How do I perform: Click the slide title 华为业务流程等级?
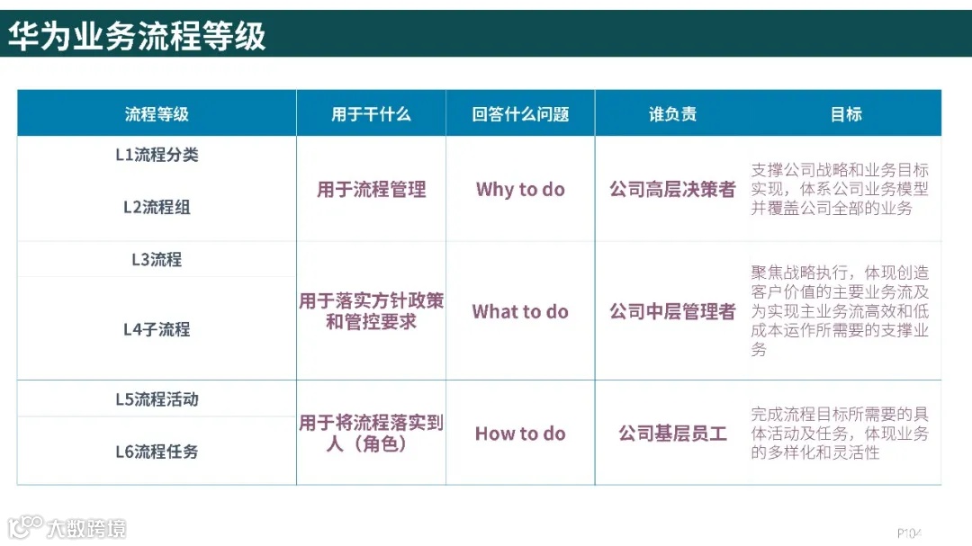[x=137, y=36]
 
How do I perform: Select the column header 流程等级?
[x=157, y=114]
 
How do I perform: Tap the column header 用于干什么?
[x=371, y=114]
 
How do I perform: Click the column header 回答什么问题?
[x=520, y=114]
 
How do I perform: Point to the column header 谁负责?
[x=672, y=114]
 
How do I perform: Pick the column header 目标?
[x=845, y=114]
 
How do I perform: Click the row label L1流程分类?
[x=157, y=155]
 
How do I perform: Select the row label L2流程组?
[x=157, y=207]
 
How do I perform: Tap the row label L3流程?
[x=157, y=260]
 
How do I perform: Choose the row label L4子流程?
[x=157, y=329]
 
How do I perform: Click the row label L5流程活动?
[x=157, y=399]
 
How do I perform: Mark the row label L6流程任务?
[x=157, y=452]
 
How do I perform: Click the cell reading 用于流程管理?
[x=371, y=190]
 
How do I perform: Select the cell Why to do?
[x=520, y=190]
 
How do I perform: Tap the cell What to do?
[x=520, y=312]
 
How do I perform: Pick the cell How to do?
[x=520, y=434]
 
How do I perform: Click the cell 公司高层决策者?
[x=672, y=190]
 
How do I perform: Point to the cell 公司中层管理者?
[x=672, y=312]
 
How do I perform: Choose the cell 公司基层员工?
[x=672, y=434]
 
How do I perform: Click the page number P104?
[x=909, y=532]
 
